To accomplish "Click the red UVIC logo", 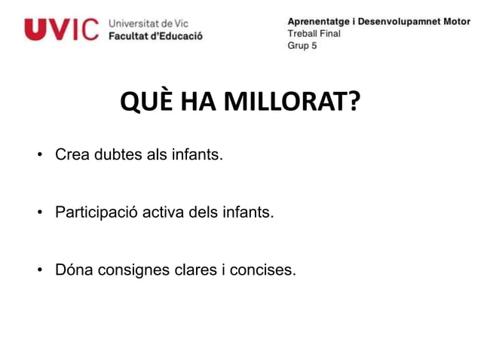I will pos(61,29).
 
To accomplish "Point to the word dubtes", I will pos(119,157).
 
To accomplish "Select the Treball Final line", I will pos(314,33).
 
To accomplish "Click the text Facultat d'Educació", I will pos(156,35).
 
